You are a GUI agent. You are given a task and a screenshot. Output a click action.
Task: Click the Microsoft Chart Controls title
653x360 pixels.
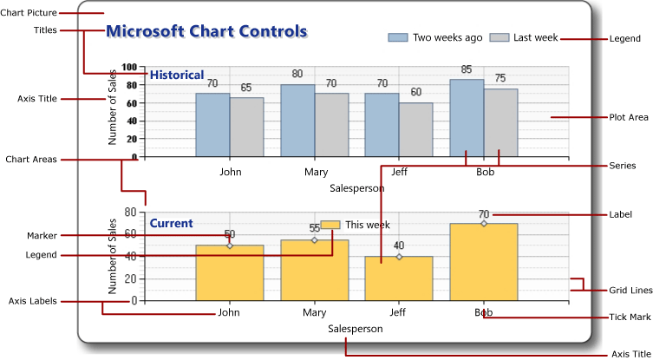pos(206,31)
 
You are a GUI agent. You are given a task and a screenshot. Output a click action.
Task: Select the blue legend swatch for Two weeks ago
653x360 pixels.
pos(397,37)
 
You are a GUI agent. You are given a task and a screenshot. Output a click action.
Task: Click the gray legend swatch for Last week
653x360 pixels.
pos(499,37)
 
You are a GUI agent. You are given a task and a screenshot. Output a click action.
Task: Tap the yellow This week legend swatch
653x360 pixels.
pos(330,226)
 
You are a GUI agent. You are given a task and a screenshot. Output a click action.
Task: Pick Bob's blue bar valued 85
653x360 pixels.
pos(467,118)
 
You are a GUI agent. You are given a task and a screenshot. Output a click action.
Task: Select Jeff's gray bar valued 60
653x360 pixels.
pos(415,130)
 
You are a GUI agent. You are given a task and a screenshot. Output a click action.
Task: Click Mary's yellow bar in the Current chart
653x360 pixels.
pos(314,271)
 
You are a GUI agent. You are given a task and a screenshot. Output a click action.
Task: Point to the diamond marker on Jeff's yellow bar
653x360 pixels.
pos(399,257)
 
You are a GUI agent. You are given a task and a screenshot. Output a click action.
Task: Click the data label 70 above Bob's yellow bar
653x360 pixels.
pos(484,214)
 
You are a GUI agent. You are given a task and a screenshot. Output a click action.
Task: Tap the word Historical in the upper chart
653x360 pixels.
pos(177,75)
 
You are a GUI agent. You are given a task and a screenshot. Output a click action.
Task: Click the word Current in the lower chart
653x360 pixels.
pos(171,224)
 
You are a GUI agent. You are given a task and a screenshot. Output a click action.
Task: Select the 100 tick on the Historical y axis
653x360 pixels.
pos(129,67)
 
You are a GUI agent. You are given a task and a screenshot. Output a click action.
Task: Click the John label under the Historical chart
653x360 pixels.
pos(230,172)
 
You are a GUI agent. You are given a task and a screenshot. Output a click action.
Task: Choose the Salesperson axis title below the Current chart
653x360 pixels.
pos(356,329)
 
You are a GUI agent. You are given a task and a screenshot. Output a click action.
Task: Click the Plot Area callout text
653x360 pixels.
pos(629,116)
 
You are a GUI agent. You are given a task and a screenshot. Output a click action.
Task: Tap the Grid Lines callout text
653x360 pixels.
pos(630,290)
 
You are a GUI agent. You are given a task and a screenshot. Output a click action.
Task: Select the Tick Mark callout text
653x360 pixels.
pos(629,317)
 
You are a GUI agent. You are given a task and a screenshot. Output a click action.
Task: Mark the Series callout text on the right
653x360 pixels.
pos(622,165)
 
